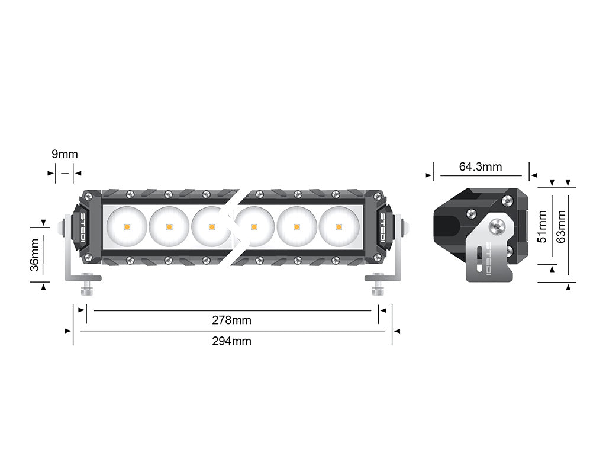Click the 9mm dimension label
(65, 155)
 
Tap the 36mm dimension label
(36, 254)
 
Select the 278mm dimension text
(231, 320)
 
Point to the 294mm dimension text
(231, 341)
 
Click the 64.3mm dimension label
(481, 167)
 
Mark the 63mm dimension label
(561, 226)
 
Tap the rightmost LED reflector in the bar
(339, 226)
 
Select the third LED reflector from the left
(212, 226)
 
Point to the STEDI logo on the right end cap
(383, 227)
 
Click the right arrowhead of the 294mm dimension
(395, 331)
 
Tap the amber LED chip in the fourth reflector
(254, 226)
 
